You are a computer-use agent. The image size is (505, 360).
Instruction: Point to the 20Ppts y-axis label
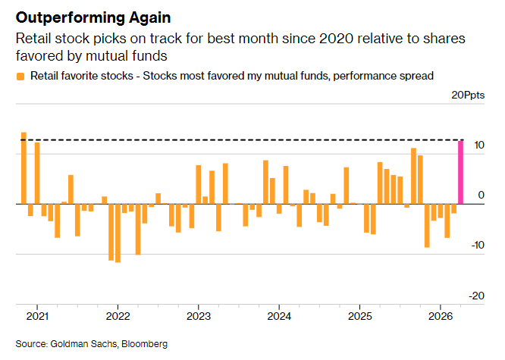pos(468,95)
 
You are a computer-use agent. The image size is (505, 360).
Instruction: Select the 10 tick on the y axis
pos(479,146)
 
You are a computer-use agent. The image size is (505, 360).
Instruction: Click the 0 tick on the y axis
pos(481,196)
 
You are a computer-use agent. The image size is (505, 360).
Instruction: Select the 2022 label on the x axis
pos(118,316)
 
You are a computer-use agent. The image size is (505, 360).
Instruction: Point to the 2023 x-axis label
pos(198,316)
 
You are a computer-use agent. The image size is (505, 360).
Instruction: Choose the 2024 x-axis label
pos(279,316)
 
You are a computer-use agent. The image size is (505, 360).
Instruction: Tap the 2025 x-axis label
pos(359,316)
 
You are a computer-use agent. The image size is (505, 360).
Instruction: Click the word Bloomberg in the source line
pos(143,344)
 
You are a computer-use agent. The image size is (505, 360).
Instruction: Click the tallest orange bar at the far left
pos(24,168)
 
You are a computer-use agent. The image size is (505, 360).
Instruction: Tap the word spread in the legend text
pos(416,75)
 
